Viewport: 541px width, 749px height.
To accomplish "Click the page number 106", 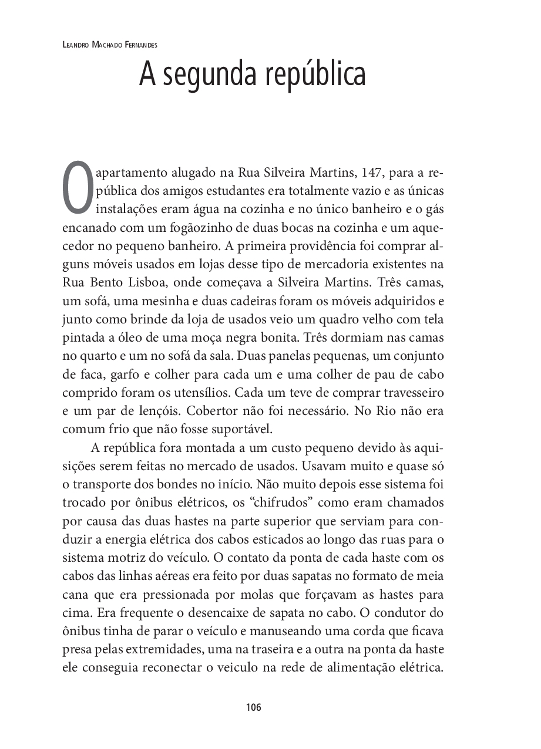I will point(253,707).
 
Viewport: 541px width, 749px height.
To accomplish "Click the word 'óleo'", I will point(119,338).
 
